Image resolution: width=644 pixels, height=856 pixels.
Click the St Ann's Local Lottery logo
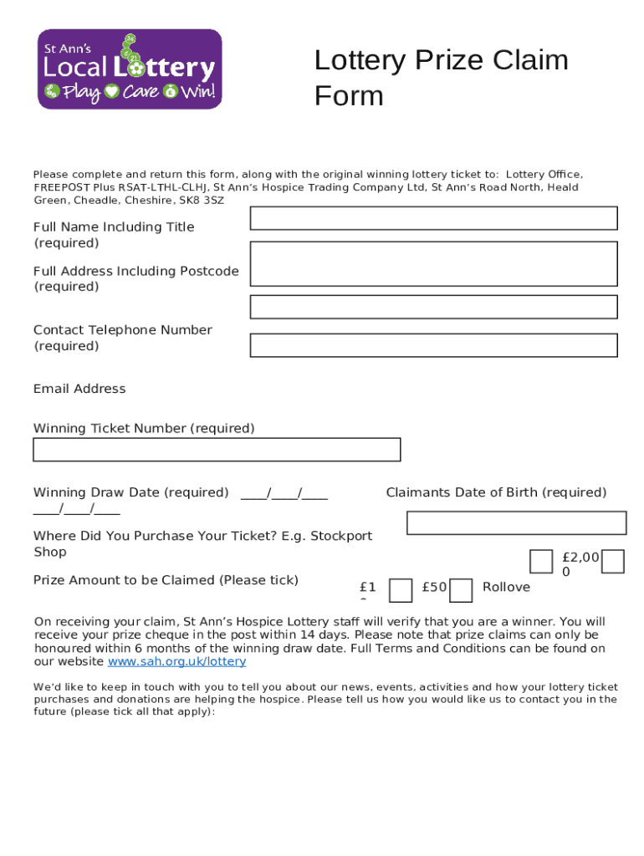click(130, 69)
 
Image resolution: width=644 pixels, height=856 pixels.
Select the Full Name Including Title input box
click(433, 218)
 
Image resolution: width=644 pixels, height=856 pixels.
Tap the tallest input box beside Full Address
click(433, 264)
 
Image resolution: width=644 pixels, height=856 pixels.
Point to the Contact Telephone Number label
click(122, 330)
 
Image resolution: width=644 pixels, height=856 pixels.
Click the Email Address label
click(79, 389)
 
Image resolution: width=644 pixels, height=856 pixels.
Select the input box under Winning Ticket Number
click(217, 450)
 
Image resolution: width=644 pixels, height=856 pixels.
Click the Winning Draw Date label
click(130, 492)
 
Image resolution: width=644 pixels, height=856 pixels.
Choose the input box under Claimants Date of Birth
click(516, 523)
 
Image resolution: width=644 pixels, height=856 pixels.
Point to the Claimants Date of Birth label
click(496, 492)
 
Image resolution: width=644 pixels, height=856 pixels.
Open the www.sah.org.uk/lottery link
click(177, 661)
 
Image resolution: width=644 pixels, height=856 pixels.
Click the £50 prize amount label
click(434, 588)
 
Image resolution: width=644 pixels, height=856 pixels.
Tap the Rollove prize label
click(506, 588)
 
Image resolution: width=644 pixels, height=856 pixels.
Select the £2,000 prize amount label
click(580, 564)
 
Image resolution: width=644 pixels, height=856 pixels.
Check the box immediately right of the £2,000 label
click(613, 562)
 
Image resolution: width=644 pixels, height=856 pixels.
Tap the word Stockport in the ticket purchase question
click(341, 536)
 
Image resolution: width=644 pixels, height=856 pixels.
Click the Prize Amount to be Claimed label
click(166, 580)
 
